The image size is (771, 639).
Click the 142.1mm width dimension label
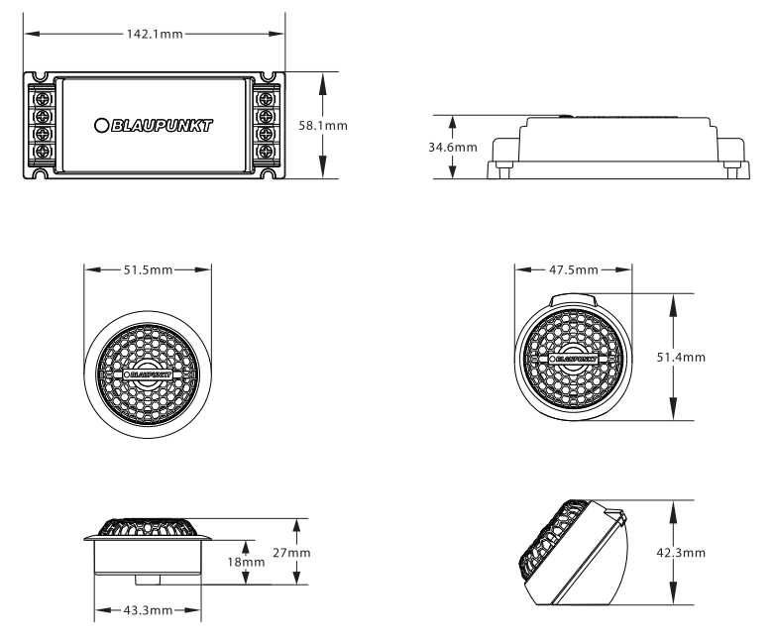[155, 34]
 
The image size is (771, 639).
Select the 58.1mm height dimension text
[323, 126]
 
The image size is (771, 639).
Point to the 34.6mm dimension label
[453, 147]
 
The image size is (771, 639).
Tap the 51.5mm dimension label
[148, 269]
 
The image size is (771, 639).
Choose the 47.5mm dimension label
[574, 269]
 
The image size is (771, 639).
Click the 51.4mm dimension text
[681, 357]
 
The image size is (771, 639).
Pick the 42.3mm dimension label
[681, 553]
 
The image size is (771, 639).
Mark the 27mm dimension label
[291, 553]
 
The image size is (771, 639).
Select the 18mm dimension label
[246, 562]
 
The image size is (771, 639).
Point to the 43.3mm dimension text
[148, 610]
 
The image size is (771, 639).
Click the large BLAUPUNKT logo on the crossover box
[154, 126]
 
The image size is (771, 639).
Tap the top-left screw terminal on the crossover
[44, 98]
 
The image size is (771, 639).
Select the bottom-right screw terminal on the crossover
[266, 151]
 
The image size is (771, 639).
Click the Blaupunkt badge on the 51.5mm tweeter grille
[148, 374]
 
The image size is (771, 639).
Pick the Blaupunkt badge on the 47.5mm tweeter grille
[574, 359]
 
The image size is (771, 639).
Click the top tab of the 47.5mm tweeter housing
[574, 300]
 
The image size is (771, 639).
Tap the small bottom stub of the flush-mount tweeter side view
[148, 580]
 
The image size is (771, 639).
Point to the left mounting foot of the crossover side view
[503, 170]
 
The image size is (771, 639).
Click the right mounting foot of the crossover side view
[732, 170]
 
